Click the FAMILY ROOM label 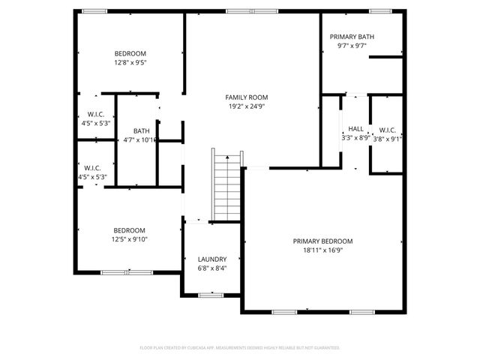coord(247,97)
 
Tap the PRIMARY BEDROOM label coord(322,241)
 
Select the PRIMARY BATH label coord(352,36)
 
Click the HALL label coord(355,128)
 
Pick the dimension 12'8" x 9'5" coord(130,63)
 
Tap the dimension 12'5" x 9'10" coord(130,240)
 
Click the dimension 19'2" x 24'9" coord(247,106)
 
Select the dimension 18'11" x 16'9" coord(322,251)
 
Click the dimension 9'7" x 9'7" coord(352,46)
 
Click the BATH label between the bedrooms coord(141,130)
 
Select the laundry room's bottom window coord(211,295)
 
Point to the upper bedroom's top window coord(94,11)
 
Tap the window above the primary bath coord(380,11)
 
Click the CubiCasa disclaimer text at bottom coord(240,348)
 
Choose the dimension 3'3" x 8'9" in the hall coord(355,138)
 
